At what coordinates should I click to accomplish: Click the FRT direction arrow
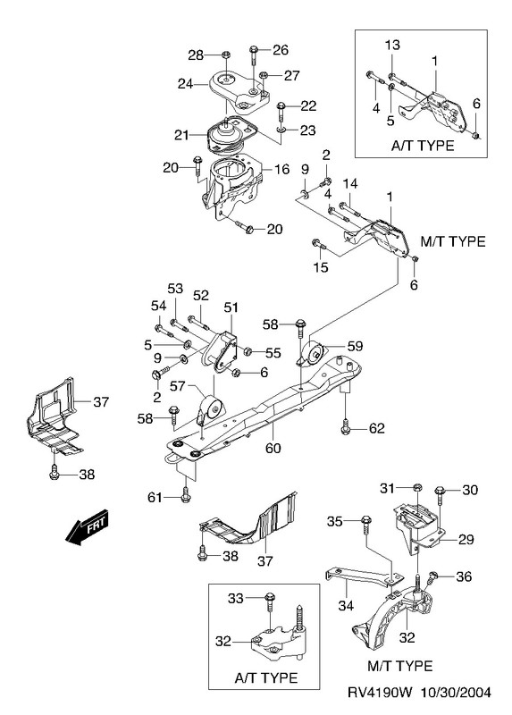coord(87,526)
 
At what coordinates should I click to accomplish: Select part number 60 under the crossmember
coord(273,449)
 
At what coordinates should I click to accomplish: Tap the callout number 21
coord(181,135)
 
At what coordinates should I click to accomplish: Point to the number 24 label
coord(185,83)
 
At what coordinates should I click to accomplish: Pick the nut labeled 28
coord(225,55)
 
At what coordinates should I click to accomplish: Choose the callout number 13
coord(391,45)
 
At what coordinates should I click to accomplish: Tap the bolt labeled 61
coord(185,495)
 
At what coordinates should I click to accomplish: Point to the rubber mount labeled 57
coord(209,410)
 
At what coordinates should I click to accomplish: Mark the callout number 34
coord(346,606)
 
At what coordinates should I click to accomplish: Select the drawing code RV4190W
coord(381,693)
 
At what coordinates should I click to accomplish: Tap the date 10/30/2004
coord(456,693)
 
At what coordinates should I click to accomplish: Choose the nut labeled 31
coord(417,488)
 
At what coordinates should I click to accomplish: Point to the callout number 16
coord(281,169)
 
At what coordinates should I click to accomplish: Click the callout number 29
coord(466,540)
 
